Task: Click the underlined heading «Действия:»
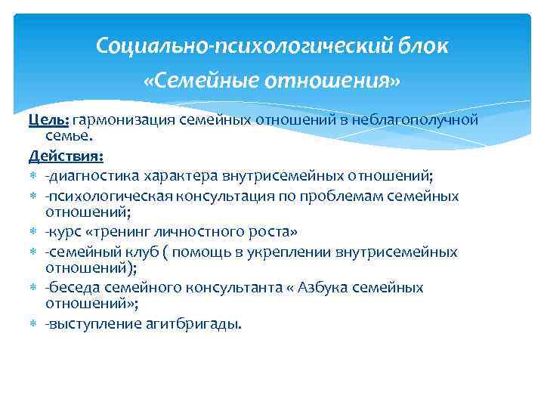click(x=66, y=156)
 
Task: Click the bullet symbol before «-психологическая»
click(x=35, y=196)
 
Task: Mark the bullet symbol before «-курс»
click(x=35, y=232)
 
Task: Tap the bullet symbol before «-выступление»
click(x=35, y=324)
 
